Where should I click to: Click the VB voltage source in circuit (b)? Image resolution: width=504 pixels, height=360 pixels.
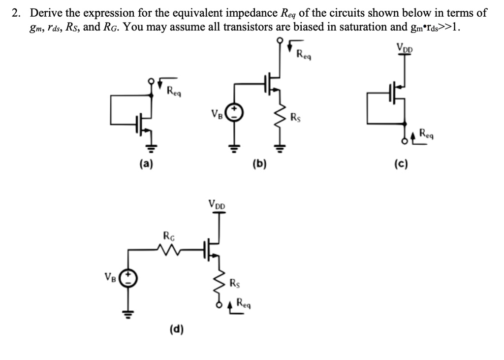pyautogui.click(x=235, y=112)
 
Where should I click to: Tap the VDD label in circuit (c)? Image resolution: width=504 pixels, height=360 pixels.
pyautogui.click(x=405, y=47)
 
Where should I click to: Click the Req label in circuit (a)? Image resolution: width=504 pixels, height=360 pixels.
pyautogui.click(x=174, y=90)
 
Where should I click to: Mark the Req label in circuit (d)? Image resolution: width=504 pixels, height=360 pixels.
pyautogui.click(x=245, y=303)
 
